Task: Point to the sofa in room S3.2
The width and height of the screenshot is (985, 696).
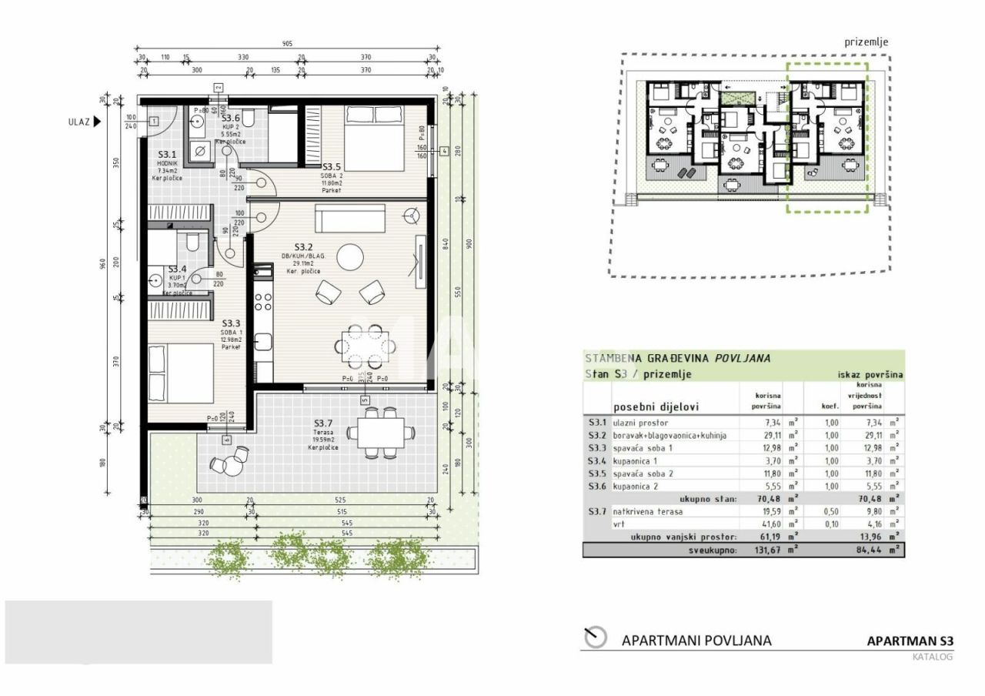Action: click(351, 218)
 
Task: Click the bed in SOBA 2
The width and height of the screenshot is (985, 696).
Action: click(372, 139)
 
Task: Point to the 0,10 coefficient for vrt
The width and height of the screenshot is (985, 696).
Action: click(830, 524)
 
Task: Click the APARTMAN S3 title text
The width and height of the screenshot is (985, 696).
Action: click(910, 641)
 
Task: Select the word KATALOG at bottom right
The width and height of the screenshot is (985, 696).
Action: click(932, 657)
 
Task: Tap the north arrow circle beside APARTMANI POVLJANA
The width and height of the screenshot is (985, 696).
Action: click(595, 637)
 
